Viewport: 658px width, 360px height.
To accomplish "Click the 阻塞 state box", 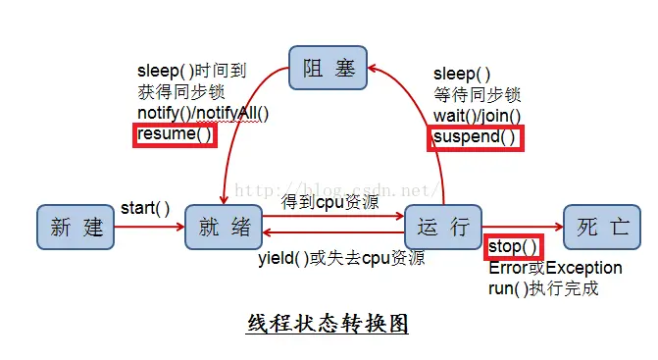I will pos(328,69).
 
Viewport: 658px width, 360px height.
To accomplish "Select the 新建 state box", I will pos(76,228).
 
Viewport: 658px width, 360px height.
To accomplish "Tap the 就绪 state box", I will pos(223,228).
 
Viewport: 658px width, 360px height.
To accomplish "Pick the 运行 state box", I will pos(443,228).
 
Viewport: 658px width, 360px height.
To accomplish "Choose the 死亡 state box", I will pos(602,228).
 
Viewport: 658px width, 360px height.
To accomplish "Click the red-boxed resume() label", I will pos(175,134).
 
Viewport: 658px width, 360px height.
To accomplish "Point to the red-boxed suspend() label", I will pos(475,136).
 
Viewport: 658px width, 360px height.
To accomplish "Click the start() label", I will pos(145,208).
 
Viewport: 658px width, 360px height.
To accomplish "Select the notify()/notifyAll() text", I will pos(203,114).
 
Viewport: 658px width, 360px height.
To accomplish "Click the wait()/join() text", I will pos(477,116).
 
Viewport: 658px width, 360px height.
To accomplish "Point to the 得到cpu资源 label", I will pos(329,202).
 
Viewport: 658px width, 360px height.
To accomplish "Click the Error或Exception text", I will pos(555,268).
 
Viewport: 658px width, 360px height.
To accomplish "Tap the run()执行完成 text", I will pos(542,288).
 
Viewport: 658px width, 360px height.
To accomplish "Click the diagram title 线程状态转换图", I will pos(327,324).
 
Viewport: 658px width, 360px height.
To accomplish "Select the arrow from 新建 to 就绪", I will pos(149,228).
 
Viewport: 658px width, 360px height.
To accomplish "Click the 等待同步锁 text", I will pos(477,95).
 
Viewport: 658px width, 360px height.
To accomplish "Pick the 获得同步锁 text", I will pos(180,92).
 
